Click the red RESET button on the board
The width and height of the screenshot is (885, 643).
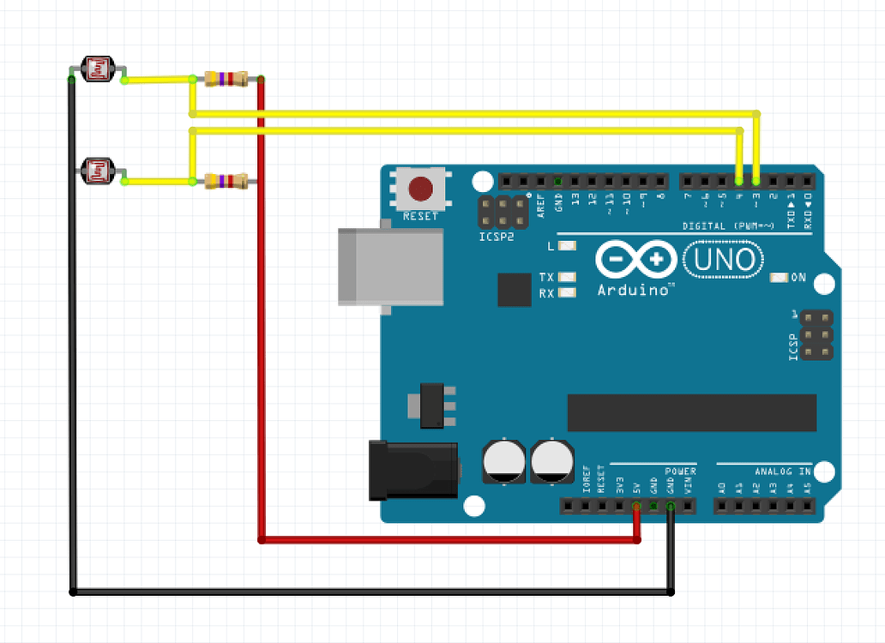pyautogui.click(x=420, y=188)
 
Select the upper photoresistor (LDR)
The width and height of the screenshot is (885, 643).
pyautogui.click(x=98, y=69)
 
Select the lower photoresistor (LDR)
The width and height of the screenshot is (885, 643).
pyautogui.click(x=97, y=171)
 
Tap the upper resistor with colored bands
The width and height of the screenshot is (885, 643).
pyautogui.click(x=226, y=79)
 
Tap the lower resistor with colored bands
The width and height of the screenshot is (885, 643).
pyautogui.click(x=226, y=181)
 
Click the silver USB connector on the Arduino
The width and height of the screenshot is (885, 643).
pyautogui.click(x=390, y=266)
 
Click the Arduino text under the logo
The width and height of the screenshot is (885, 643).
pyautogui.click(x=634, y=290)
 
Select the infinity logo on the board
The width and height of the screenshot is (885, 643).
pyautogui.click(x=635, y=258)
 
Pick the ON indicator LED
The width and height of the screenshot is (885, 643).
pyautogui.click(x=779, y=278)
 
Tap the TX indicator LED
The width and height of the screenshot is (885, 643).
pyautogui.click(x=566, y=278)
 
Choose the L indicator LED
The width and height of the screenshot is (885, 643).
pyautogui.click(x=566, y=246)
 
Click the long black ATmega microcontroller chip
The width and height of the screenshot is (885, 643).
pyautogui.click(x=691, y=412)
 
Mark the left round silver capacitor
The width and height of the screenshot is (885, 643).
pyautogui.click(x=501, y=460)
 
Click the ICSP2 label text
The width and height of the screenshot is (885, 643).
pyautogui.click(x=496, y=236)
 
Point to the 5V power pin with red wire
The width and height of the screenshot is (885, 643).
pyautogui.click(x=636, y=507)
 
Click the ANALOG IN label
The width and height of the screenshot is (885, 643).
pyautogui.click(x=782, y=471)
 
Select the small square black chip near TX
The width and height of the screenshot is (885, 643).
pyautogui.click(x=515, y=290)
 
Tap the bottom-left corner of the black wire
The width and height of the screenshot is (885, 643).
pyautogui.click(x=73, y=592)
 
